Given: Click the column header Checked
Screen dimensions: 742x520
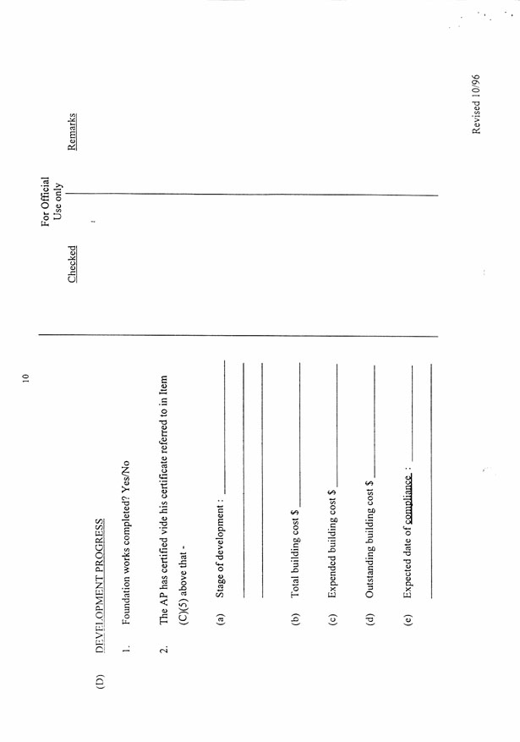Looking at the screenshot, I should [x=74, y=263].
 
